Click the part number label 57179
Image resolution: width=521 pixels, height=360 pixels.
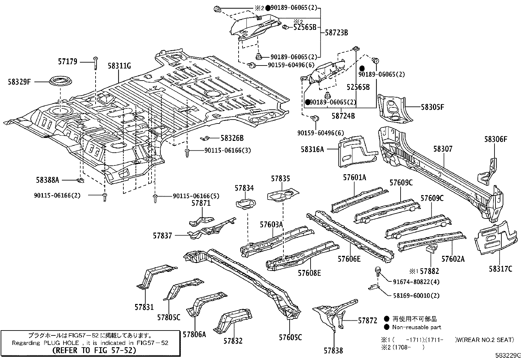(68, 61)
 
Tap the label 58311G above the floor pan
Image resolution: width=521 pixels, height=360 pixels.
(119, 66)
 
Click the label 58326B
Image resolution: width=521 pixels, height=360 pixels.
(232, 138)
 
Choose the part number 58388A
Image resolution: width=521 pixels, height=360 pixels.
(47, 180)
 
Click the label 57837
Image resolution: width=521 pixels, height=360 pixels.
(162, 235)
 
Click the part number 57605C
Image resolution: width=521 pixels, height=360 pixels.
(290, 337)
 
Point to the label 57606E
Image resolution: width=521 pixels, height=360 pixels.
(349, 259)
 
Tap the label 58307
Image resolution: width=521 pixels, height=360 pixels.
(443, 149)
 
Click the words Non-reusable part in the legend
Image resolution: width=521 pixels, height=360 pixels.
(417, 327)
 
